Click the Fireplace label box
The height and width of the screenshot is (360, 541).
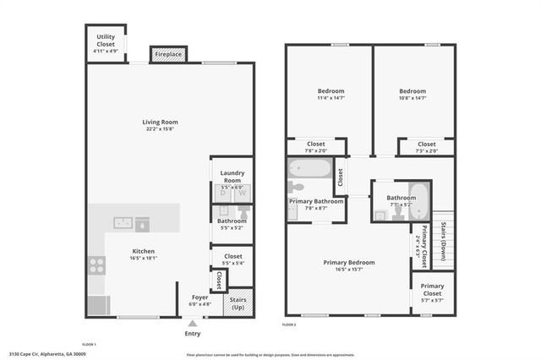pos(167,54)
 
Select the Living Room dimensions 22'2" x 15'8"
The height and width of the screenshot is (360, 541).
pos(160,129)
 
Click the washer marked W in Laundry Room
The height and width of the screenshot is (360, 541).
pos(242,194)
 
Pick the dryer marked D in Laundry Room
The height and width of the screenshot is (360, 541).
pos(224,194)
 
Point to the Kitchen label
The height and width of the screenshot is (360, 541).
pos(143,251)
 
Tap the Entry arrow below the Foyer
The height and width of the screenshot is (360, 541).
pos(193,323)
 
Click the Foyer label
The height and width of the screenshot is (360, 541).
pos(199,297)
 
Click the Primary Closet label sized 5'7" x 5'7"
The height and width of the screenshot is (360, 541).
pos(432,290)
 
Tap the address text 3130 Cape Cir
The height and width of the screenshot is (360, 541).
pos(47,354)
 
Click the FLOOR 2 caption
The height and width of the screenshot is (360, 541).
pos(289,325)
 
